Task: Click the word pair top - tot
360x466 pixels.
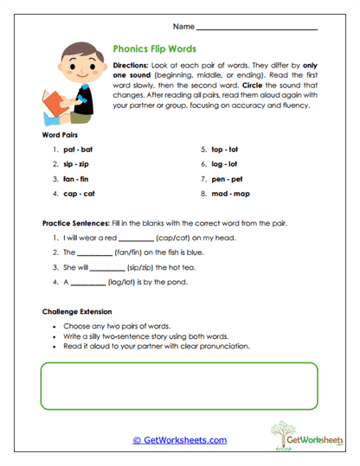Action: coord(225,149)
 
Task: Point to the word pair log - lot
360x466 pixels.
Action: coord(225,164)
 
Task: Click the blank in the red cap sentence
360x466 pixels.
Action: coord(136,239)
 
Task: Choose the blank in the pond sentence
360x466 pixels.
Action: coord(88,283)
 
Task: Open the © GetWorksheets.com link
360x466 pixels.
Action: coord(179,440)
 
